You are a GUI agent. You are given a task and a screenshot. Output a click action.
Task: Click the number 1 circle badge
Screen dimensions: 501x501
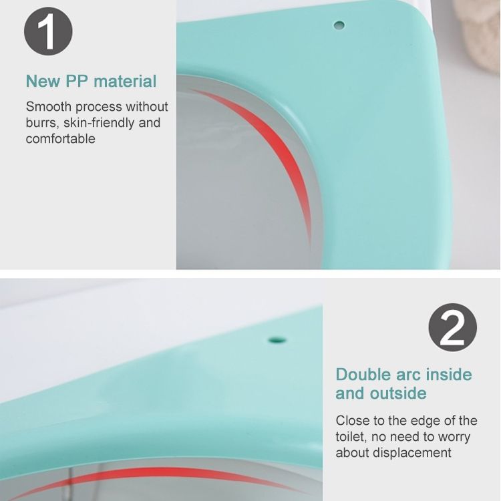tap(48, 31)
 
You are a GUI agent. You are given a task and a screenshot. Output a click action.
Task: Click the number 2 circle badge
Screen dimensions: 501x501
tap(452, 327)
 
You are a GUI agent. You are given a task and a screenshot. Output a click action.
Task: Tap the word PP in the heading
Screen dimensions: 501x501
tap(77, 81)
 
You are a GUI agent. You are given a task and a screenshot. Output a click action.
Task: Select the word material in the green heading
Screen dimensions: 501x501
tap(126, 81)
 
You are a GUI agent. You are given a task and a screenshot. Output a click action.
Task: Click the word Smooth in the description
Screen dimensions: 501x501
tap(49, 107)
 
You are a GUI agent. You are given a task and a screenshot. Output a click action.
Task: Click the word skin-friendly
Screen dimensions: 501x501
tap(99, 123)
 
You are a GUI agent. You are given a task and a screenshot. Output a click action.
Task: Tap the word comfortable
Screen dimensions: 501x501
tap(60, 139)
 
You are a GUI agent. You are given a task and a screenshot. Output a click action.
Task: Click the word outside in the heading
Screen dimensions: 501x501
tap(398, 393)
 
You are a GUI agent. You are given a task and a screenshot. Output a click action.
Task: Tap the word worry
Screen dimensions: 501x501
tap(454, 437)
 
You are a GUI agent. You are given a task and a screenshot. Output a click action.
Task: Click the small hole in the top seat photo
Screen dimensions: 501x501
tap(339, 25)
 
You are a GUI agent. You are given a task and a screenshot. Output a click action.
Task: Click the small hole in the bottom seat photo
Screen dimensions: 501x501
tap(277, 339)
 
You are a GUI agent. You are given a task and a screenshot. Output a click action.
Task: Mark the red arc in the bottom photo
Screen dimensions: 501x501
tap(160, 472)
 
